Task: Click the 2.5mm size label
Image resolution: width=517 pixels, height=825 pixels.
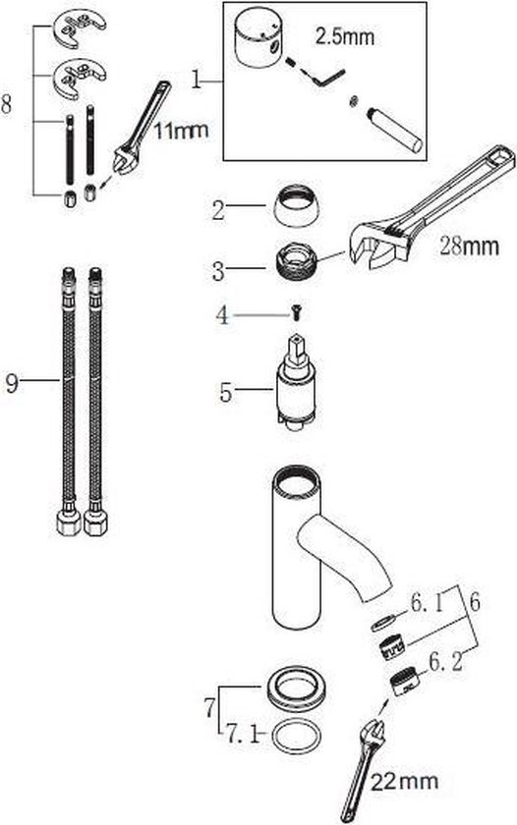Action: click(x=345, y=36)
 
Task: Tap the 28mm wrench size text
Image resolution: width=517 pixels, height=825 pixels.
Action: click(x=469, y=246)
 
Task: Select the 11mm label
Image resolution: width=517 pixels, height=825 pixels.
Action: click(x=181, y=130)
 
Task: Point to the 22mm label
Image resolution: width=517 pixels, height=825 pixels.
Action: click(x=404, y=781)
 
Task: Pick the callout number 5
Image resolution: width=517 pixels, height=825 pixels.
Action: click(x=226, y=392)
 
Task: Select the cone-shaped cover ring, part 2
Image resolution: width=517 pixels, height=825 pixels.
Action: click(x=296, y=205)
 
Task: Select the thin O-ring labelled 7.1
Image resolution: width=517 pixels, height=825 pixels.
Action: click(x=296, y=738)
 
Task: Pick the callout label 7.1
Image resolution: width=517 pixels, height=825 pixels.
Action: click(x=242, y=733)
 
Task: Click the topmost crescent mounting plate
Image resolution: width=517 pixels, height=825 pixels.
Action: click(x=80, y=27)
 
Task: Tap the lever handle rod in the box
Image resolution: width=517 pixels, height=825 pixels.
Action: click(x=394, y=129)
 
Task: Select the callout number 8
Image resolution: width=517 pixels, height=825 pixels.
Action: click(x=6, y=104)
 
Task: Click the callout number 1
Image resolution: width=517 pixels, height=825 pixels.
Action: click(x=197, y=81)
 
